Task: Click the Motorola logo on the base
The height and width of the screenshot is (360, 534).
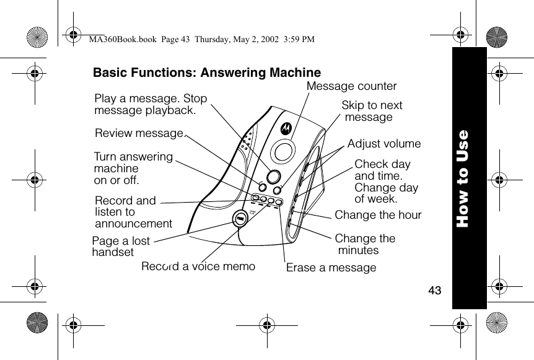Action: point(286,128)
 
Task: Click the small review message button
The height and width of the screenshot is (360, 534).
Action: point(263,187)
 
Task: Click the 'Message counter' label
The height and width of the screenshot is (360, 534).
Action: point(351,86)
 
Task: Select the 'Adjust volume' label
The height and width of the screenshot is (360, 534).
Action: point(383,144)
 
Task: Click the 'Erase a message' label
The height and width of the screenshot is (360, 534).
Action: point(331,268)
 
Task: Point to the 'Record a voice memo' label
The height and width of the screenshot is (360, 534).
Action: point(198,266)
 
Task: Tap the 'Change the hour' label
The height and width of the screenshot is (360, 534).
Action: point(378,215)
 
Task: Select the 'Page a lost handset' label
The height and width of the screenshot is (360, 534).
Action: point(120,247)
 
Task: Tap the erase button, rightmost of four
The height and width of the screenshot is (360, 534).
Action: point(279,202)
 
